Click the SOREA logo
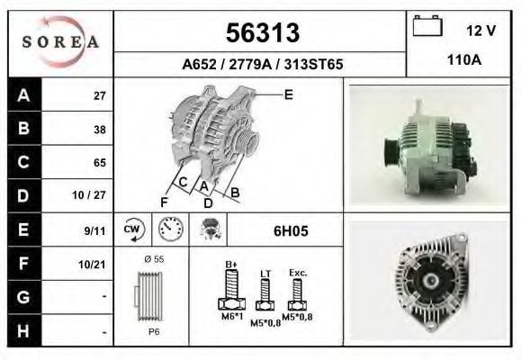(60, 42)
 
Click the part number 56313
(263, 33)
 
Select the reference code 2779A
(250, 64)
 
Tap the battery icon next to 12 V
(427, 25)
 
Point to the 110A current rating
(464, 60)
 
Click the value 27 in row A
(100, 96)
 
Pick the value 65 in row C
(100, 163)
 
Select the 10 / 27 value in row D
(89, 195)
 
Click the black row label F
(24, 263)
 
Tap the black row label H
(24, 330)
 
